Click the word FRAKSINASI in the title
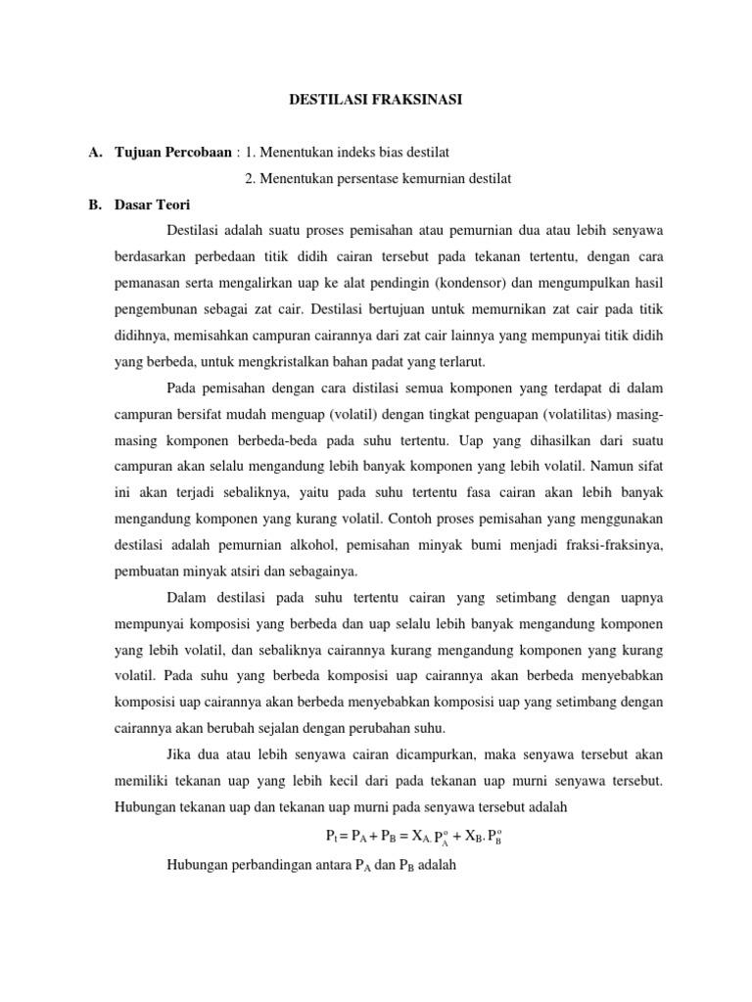click(410, 99)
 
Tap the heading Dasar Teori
click(153, 205)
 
